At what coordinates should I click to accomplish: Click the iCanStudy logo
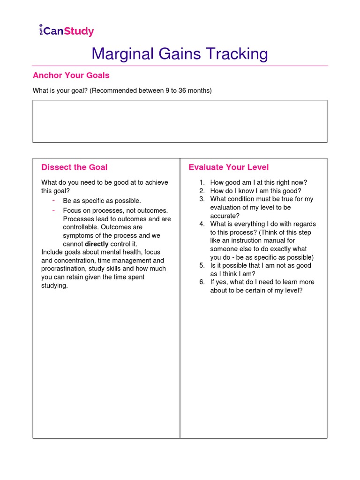point(66,31)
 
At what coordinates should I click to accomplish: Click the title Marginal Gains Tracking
point(180,54)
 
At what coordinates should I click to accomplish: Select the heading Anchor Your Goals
point(71,75)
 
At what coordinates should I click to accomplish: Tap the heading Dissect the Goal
point(74,167)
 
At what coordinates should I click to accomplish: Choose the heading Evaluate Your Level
point(228,167)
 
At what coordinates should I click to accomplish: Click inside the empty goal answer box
point(180,121)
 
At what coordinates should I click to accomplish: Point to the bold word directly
point(96,244)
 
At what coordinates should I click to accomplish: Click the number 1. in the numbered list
point(202,183)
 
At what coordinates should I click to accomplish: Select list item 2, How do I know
point(255,191)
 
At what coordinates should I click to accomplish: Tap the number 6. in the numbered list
point(202,282)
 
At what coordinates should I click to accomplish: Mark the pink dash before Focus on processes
point(54,210)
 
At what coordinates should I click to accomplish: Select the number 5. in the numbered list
point(202,265)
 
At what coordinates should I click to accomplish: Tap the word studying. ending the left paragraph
point(54,285)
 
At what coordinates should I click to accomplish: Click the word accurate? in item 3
point(225,216)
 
